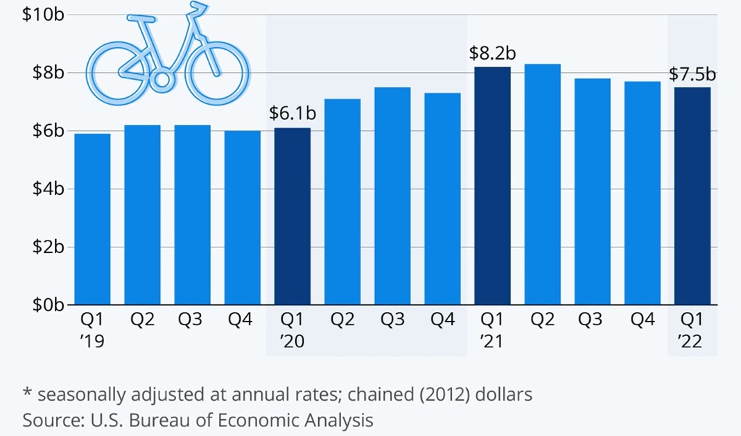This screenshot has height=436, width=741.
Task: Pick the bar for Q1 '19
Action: [x=92, y=219]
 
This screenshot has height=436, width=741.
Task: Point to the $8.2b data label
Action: [x=492, y=53]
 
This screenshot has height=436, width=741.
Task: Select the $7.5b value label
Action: [x=692, y=74]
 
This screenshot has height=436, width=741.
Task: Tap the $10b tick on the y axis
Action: [x=43, y=15]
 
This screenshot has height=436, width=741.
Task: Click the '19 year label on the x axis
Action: [x=93, y=342]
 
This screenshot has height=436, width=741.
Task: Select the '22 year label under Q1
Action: [x=692, y=342]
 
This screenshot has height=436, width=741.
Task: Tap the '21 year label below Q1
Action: [x=493, y=342]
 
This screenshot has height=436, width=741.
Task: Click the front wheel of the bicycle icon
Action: [x=217, y=73]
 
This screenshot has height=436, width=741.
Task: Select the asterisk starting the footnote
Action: [x=28, y=394]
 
